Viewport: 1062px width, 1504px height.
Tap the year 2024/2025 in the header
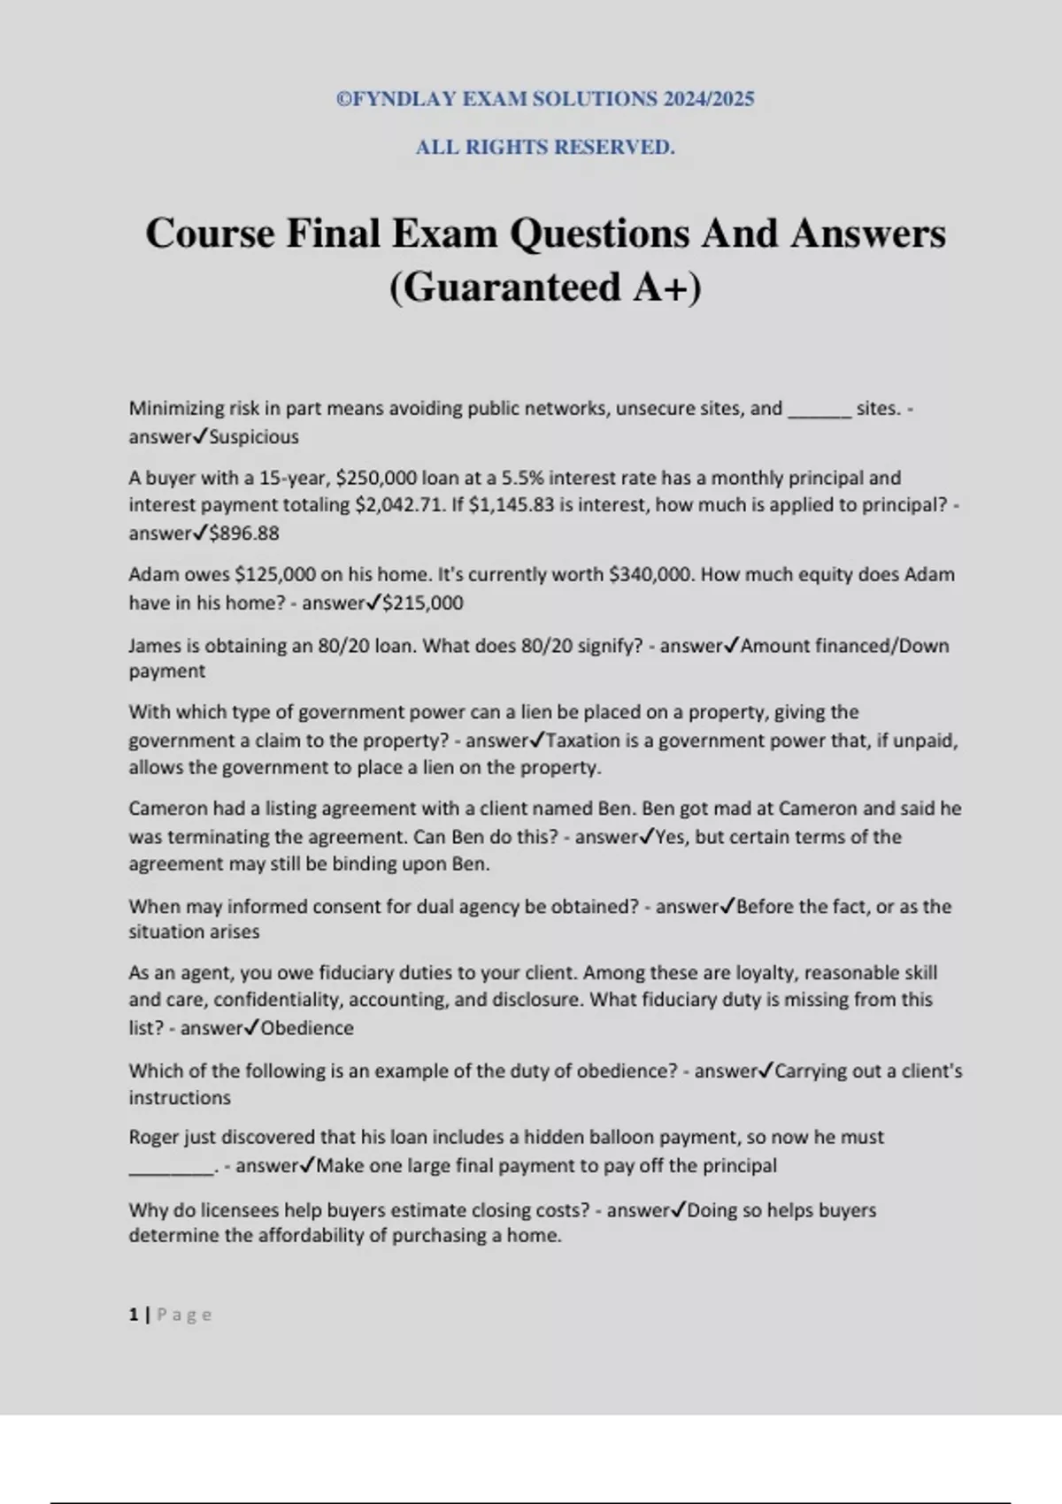(x=705, y=99)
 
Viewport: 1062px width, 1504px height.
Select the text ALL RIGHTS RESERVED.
(x=545, y=147)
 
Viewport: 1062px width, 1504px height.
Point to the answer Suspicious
(x=254, y=436)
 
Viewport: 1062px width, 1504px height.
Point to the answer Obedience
(x=307, y=1028)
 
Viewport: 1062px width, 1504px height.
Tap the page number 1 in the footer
(x=134, y=1315)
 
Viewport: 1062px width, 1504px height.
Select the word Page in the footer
(x=184, y=1315)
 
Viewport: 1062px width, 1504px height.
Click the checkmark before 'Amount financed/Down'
(x=732, y=646)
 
